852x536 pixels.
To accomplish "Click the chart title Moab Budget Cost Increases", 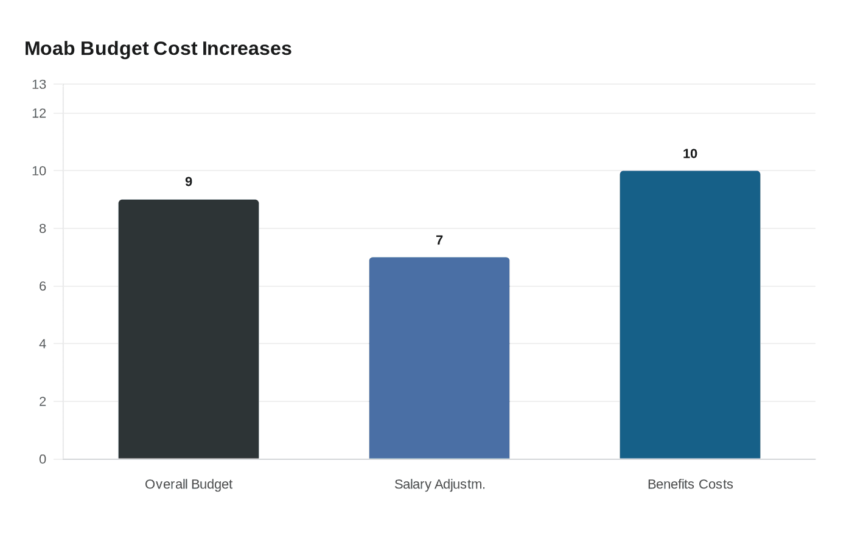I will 158,49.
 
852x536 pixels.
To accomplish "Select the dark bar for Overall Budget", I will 189,329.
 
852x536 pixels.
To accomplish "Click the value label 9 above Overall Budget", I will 189,182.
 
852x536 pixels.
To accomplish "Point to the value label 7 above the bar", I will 439,241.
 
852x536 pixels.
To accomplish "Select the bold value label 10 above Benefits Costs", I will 690,154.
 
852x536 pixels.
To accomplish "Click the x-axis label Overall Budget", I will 189,484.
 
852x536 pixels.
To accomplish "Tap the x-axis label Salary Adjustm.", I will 439,484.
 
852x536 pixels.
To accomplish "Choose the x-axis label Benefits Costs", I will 690,484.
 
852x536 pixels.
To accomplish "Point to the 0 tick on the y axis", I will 43,459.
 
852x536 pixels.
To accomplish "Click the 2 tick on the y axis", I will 43,401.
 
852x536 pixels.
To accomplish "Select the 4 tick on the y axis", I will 43,344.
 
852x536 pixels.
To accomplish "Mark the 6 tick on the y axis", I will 43,286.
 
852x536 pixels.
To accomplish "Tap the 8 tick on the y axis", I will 43,229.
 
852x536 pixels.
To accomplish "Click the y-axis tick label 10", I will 39,171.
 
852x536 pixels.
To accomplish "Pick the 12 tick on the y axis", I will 39,113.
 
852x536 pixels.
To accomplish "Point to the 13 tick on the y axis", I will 39,85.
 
